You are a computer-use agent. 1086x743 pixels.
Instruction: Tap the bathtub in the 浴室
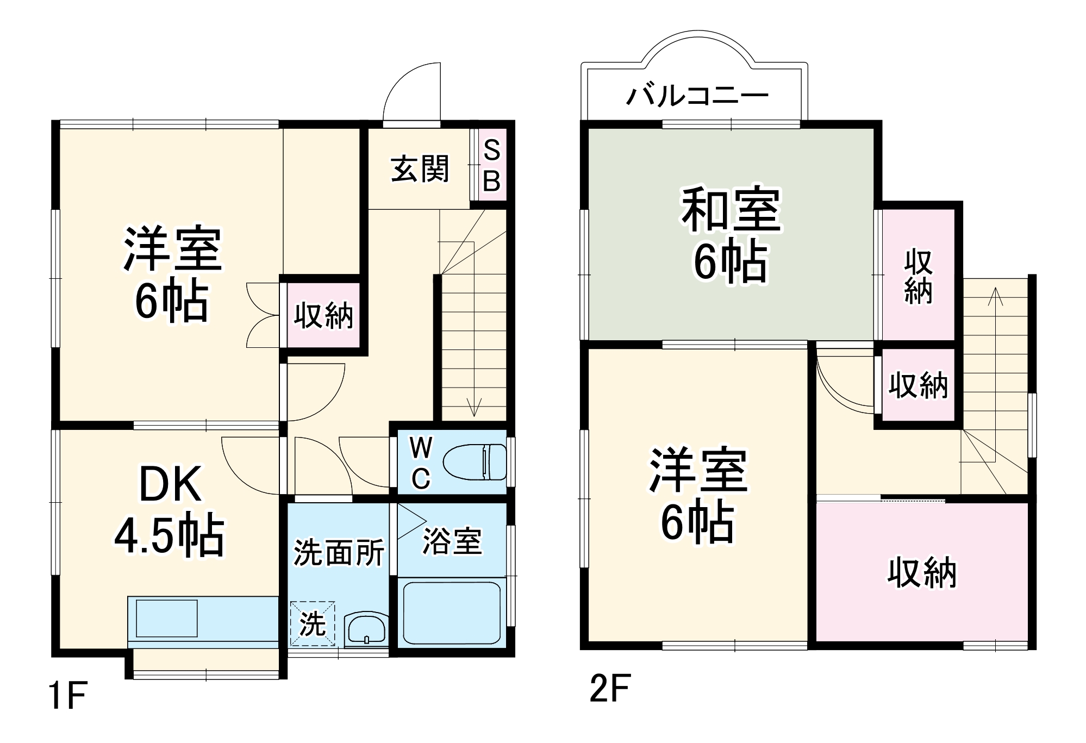click(451, 613)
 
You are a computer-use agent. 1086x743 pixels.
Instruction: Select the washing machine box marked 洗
click(312, 623)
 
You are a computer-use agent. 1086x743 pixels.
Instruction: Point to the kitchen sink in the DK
click(166, 618)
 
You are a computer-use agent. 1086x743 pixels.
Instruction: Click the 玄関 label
click(420, 168)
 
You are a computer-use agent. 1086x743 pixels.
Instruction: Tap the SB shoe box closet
click(492, 165)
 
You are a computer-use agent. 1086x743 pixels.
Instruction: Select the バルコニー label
click(697, 96)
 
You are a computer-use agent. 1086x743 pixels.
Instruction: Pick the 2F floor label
click(610, 688)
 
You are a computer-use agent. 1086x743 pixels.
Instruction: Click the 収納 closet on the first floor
click(323, 315)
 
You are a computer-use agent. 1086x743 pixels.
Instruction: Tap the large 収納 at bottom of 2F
click(922, 572)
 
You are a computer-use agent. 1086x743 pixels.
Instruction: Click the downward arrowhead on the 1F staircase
click(474, 408)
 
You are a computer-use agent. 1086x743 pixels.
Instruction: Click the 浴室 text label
click(452, 541)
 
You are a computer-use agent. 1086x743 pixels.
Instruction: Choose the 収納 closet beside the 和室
click(918, 277)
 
